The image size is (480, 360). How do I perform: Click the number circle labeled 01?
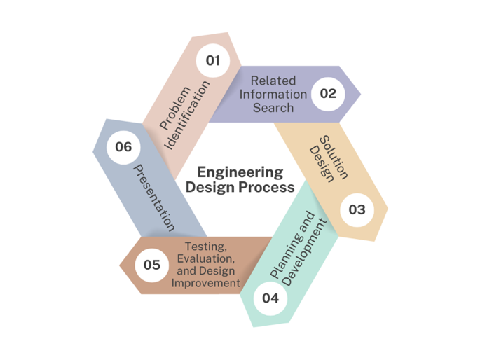(x=212, y=60)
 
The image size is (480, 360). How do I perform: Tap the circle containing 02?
(x=328, y=93)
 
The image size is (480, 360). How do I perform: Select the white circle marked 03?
(x=357, y=209)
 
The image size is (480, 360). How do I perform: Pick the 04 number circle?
(x=270, y=298)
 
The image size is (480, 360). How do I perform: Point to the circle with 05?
(x=152, y=265)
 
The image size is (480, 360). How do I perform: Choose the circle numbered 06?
(x=123, y=147)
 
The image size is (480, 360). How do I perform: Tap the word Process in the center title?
(x=270, y=188)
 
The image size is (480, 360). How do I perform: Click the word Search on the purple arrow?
(x=273, y=108)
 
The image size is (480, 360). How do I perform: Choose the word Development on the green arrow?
(x=303, y=256)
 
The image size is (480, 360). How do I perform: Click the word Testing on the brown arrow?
(x=205, y=246)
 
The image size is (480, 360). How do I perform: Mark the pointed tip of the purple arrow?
(x=360, y=93)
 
